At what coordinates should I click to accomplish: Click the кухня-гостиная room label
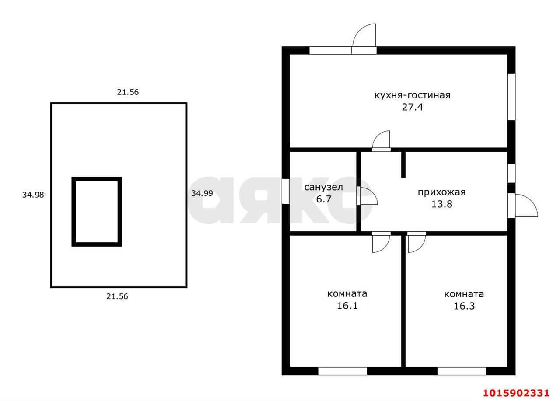coord(412,95)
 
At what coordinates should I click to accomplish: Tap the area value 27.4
coord(412,107)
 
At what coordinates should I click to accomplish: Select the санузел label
coord(323,187)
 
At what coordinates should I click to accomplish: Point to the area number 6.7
coord(323,199)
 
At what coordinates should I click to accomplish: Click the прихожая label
coord(442,192)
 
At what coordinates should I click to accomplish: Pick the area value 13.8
coord(442,204)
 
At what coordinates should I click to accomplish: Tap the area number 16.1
coord(347,306)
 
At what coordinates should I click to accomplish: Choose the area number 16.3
coord(464,306)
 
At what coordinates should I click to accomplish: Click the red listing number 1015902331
coord(516,393)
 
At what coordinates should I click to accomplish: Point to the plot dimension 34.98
coord(33,195)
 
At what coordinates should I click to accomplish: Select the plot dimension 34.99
coord(202,193)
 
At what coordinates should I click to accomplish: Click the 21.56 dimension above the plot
coord(128,92)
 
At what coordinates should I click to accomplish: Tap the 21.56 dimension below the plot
coord(117,296)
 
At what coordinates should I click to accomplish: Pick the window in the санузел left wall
coord(286,191)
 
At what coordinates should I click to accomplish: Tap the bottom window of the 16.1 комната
coord(343,371)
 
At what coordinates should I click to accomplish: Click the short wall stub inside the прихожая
coord(403,165)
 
